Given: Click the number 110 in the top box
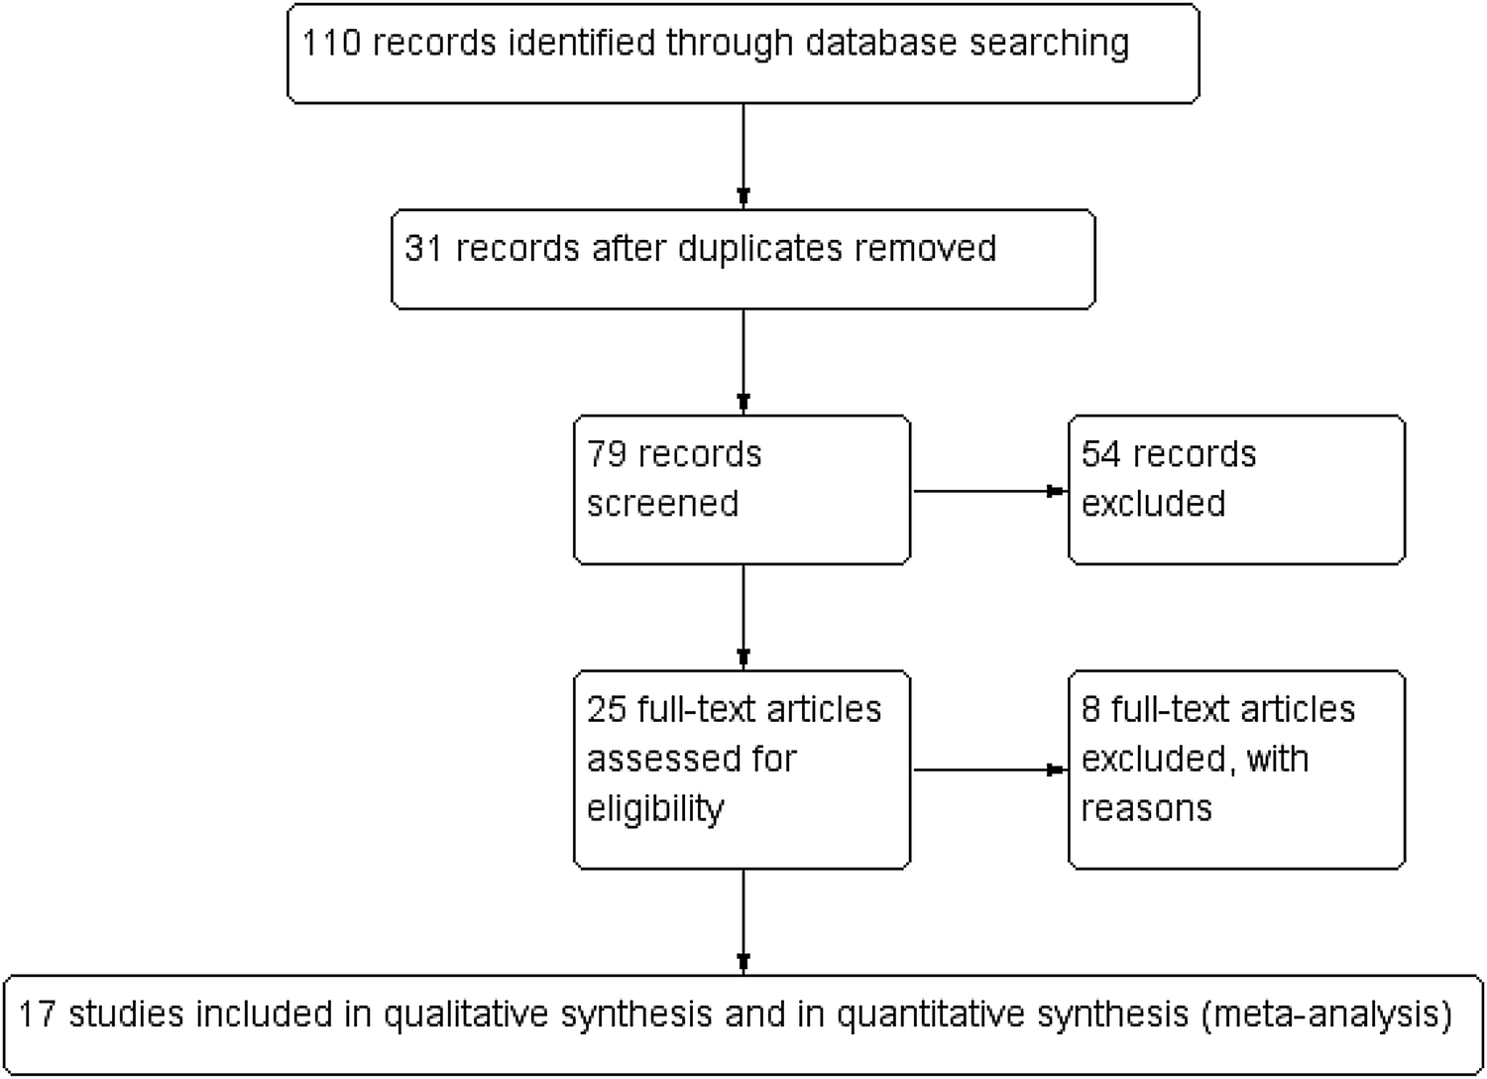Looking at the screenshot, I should pos(331,44).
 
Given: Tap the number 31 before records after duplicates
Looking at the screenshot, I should pos(423,248).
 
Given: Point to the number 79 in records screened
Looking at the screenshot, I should pos(607,454).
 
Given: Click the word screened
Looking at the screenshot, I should pos(662,504).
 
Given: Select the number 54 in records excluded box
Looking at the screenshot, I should pos(1100,454).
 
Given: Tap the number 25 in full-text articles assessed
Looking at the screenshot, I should pos(607,709).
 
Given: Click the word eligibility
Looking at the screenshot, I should pos(655,808).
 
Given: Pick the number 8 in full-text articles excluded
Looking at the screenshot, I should pos(1090,709).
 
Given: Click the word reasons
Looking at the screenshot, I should pos(1146,808).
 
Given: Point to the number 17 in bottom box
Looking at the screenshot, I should pos(37,1014).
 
